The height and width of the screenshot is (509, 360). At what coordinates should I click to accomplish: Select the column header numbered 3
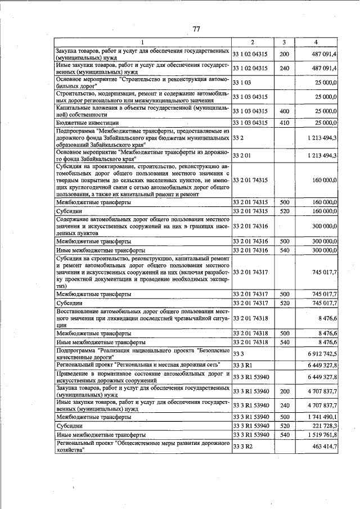coord(284,42)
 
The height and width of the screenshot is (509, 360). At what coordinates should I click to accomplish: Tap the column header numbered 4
coord(316,42)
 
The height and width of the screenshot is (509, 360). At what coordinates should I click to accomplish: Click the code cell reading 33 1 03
coord(241,83)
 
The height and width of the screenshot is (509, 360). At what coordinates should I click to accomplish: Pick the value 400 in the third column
coord(284,111)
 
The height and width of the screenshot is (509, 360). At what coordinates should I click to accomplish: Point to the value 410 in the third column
coord(284,123)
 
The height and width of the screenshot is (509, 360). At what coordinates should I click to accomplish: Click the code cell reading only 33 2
coord(238,137)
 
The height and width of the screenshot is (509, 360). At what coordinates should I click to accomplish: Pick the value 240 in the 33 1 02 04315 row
coord(284,68)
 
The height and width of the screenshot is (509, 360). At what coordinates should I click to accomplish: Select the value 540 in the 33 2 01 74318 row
coord(284,341)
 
